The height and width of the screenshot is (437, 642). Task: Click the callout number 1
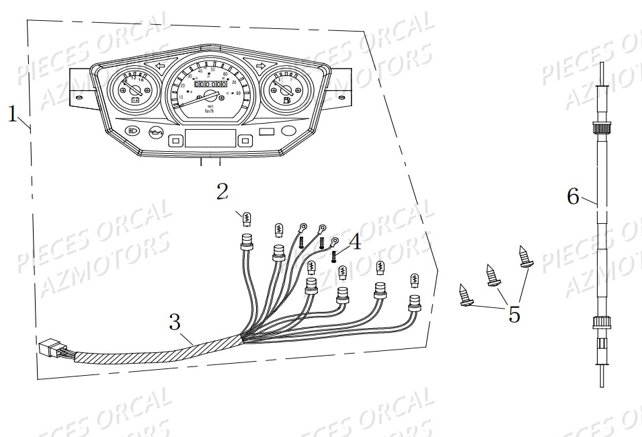point(13,114)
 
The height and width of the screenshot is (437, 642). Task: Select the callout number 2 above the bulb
point(223,192)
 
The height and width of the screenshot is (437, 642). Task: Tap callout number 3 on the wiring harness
point(174,323)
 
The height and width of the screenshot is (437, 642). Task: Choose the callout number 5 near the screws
point(514,313)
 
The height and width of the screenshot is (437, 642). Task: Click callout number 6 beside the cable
point(573,196)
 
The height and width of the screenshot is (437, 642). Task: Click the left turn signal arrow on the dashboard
point(160,66)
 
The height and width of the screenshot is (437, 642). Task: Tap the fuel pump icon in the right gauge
point(287,100)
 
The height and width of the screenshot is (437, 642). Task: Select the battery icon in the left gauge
point(135,101)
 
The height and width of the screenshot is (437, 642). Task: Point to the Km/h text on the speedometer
point(210,110)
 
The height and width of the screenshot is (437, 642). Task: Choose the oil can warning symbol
point(157,131)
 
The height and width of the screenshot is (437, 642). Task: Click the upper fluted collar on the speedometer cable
point(600,128)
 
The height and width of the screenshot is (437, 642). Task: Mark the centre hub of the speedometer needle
point(210,96)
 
